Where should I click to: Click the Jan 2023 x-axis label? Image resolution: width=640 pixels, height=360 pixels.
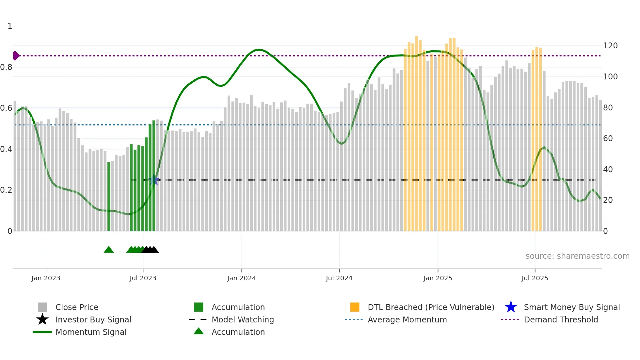[46, 278]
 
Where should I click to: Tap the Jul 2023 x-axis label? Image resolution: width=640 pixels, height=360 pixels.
[143, 278]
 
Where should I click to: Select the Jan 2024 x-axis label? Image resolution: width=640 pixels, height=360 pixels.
[241, 278]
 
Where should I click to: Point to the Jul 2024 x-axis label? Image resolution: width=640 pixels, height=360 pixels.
[339, 278]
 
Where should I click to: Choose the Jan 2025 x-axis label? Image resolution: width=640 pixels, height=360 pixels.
[438, 278]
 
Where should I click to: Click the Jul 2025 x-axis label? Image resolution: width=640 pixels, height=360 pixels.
[535, 278]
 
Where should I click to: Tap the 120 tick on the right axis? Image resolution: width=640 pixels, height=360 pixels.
[610, 46]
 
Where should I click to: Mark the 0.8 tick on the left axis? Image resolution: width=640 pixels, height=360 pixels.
[6, 67]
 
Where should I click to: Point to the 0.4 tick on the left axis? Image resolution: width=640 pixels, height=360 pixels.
[6, 149]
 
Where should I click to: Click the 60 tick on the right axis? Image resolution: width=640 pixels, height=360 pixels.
[608, 139]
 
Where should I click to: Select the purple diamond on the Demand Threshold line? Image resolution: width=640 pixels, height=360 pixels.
[16, 56]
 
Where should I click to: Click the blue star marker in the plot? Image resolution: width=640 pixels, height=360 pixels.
[153, 180]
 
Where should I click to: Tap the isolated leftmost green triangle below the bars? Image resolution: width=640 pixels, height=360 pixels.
[109, 250]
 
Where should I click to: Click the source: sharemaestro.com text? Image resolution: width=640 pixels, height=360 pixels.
[577, 256]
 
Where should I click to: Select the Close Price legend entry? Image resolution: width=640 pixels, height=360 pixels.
[76, 307]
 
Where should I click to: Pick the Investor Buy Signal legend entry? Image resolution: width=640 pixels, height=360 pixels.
[93, 319]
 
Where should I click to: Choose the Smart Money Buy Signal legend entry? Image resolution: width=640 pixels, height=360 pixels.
[571, 307]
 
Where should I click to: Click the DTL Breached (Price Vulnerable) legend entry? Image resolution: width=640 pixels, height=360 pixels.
[431, 307]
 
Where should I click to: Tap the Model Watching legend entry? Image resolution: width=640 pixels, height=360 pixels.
[243, 319]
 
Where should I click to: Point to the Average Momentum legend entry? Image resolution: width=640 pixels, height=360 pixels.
[407, 319]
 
